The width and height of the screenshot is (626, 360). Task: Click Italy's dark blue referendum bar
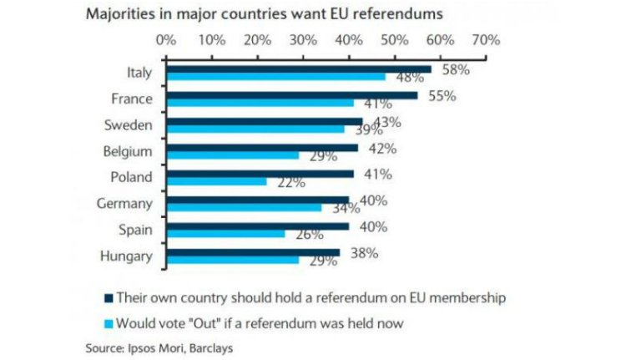pyautogui.click(x=299, y=69)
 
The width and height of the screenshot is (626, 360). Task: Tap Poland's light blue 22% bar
pyautogui.click(x=216, y=181)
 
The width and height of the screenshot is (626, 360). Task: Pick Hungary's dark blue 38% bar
pyautogui.click(x=253, y=251)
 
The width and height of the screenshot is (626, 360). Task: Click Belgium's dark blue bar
pyautogui.click(x=262, y=148)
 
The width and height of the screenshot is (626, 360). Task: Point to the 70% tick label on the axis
pyautogui.click(x=485, y=39)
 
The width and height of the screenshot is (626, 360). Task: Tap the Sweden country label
pyautogui.click(x=128, y=125)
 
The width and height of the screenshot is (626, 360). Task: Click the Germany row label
pyautogui.click(x=125, y=204)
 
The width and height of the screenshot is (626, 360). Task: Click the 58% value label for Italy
pyautogui.click(x=455, y=70)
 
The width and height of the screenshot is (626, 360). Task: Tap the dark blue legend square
pyautogui.click(x=108, y=297)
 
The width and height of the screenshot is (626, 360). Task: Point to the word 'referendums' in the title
pyautogui.click(x=394, y=13)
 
